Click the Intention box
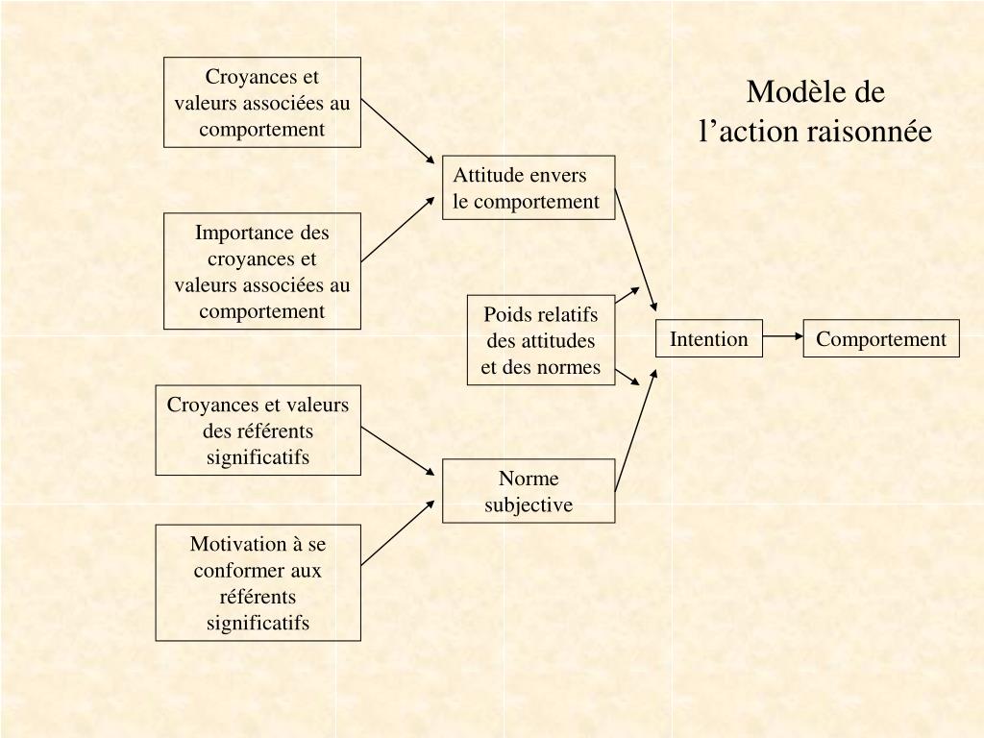(709, 338)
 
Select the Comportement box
(881, 338)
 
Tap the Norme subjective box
(529, 491)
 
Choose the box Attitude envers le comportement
(529, 187)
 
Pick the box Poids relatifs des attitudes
(541, 340)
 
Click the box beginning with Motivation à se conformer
(258, 582)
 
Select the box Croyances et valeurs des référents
(258, 430)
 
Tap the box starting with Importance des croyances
(262, 271)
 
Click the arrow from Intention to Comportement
(783, 337)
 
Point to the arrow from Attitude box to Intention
(636, 249)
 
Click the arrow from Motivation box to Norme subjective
(398, 532)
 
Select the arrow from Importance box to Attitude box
(398, 229)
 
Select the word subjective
(529, 504)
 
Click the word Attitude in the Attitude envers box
(487, 175)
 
